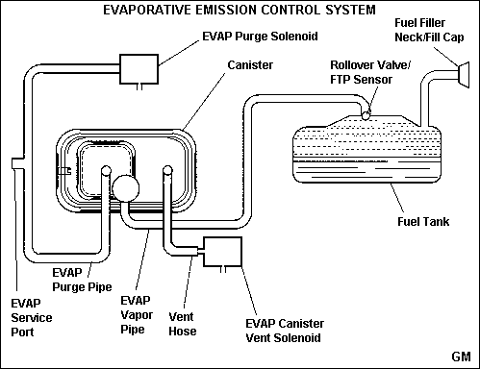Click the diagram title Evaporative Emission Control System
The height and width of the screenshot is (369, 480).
[x=240, y=10]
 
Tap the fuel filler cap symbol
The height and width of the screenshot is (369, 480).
[x=464, y=75]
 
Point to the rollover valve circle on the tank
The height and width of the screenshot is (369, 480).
[x=366, y=115]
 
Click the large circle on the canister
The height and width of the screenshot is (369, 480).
[x=126, y=188]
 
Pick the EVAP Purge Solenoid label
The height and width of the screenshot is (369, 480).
[x=260, y=37]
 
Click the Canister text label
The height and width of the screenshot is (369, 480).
[x=250, y=65]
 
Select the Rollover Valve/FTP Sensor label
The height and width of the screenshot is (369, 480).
[x=370, y=72]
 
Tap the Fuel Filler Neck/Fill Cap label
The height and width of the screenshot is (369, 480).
[x=429, y=30]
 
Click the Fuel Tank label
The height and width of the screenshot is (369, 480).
[x=423, y=222]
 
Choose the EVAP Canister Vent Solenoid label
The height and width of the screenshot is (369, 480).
[x=285, y=331]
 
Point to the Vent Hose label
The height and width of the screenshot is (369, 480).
[x=183, y=324]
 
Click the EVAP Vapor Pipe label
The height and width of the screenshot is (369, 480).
[x=137, y=315]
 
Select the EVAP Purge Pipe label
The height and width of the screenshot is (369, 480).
[x=82, y=280]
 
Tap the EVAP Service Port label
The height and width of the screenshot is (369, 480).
[x=32, y=318]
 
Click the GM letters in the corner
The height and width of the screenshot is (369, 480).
[x=461, y=357]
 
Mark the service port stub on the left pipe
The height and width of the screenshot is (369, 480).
[x=17, y=163]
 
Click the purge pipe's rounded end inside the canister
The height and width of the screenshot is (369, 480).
[x=106, y=170]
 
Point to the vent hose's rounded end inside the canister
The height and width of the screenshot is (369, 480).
[x=167, y=170]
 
